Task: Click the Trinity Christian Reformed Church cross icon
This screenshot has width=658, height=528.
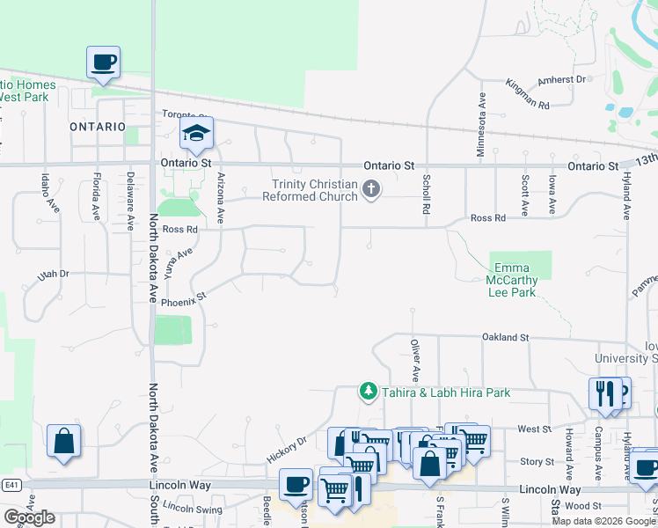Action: (371, 188)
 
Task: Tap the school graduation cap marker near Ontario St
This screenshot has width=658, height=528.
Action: (197, 134)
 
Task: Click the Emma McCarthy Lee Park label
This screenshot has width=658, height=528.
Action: (511, 280)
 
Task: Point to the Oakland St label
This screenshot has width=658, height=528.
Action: (505, 337)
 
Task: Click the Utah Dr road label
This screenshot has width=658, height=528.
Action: (53, 275)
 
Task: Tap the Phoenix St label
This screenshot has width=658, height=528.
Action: (182, 298)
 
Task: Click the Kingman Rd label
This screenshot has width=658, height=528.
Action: (527, 94)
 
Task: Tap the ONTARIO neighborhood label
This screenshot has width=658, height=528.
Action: (98, 127)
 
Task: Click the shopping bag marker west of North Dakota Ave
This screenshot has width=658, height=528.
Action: (64, 442)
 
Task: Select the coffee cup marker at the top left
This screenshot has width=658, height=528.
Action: (103, 62)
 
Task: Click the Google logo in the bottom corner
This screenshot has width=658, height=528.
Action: (29, 517)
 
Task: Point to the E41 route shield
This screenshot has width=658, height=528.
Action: (11, 485)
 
